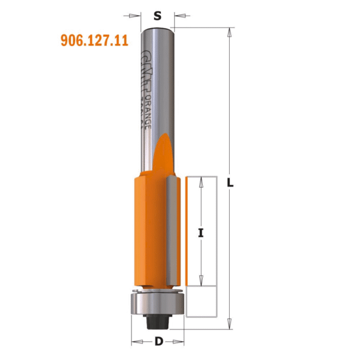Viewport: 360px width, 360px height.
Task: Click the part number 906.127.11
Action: (94, 41)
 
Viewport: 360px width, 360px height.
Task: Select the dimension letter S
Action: (157, 16)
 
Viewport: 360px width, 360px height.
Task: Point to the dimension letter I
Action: (201, 234)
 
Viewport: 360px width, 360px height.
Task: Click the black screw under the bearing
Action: (157, 321)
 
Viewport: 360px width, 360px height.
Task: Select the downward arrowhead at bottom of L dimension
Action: (230, 325)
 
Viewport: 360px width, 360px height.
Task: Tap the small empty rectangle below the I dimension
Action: (201, 301)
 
